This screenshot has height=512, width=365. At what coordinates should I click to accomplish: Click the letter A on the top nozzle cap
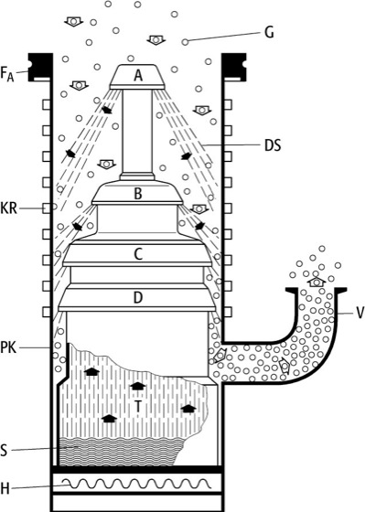(x=138, y=75)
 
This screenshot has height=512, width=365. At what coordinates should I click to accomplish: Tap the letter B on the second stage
(x=138, y=194)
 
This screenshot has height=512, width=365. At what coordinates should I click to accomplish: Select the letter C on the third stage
(x=138, y=254)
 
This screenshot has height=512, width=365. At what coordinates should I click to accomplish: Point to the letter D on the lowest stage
(x=138, y=297)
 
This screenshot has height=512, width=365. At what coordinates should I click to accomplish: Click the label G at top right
(x=269, y=33)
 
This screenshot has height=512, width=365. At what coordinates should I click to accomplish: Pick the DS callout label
(x=273, y=145)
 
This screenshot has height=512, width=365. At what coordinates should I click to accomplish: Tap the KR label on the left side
(x=9, y=208)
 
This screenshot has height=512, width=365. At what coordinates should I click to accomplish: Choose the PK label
(x=8, y=347)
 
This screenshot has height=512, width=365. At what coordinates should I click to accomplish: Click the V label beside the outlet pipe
(x=360, y=313)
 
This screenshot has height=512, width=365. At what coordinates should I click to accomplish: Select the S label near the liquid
(x=4, y=451)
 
